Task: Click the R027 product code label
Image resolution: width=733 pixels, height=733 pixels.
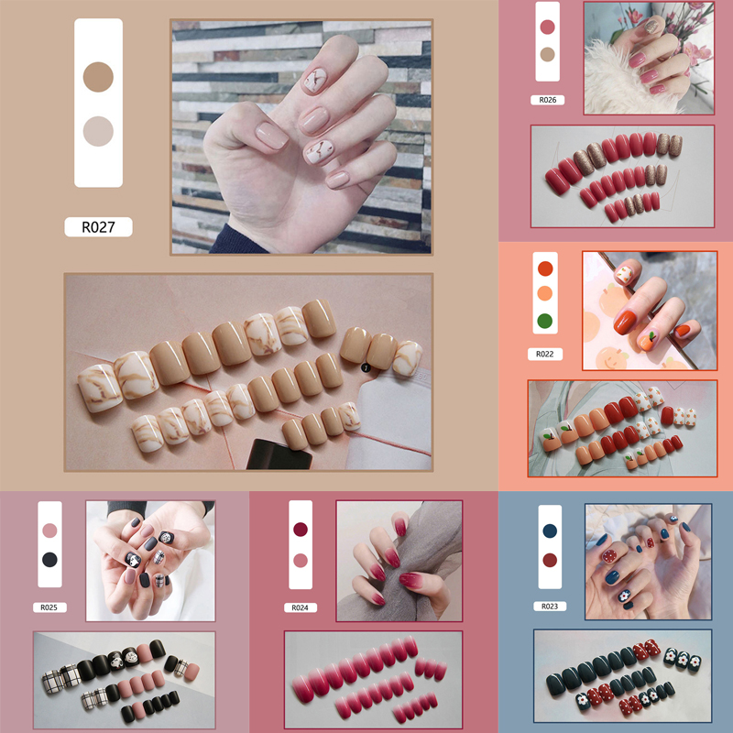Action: click(98, 227)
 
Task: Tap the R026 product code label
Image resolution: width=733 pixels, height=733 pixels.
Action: click(547, 100)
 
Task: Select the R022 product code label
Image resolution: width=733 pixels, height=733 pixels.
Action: click(544, 355)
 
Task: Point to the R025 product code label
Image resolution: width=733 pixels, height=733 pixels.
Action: click(49, 607)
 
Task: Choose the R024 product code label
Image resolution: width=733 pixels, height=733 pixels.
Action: click(301, 607)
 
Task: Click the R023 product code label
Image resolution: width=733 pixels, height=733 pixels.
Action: click(550, 607)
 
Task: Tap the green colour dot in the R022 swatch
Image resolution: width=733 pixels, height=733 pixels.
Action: click(545, 322)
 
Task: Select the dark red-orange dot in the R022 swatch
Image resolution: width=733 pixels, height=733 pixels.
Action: click(545, 268)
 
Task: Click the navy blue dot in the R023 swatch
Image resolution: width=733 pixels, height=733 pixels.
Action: click(550, 531)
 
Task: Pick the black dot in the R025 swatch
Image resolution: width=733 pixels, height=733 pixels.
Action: click(49, 560)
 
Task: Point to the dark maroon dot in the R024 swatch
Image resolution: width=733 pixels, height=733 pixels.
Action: click(301, 530)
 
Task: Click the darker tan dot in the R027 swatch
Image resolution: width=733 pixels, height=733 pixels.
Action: click(98, 77)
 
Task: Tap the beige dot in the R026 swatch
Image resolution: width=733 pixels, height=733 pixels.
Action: click(547, 55)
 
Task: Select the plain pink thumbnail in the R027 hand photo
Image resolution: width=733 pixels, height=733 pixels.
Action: click(271, 135)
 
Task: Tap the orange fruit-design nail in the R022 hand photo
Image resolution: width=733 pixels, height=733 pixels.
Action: click(647, 342)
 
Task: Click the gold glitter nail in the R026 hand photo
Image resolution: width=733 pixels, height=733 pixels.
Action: click(651, 26)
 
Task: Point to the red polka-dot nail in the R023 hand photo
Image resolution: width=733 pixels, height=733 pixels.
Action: click(609, 556)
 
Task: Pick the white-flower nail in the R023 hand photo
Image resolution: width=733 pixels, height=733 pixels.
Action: click(625, 596)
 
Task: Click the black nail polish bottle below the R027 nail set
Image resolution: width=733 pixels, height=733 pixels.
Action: click(279, 454)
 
